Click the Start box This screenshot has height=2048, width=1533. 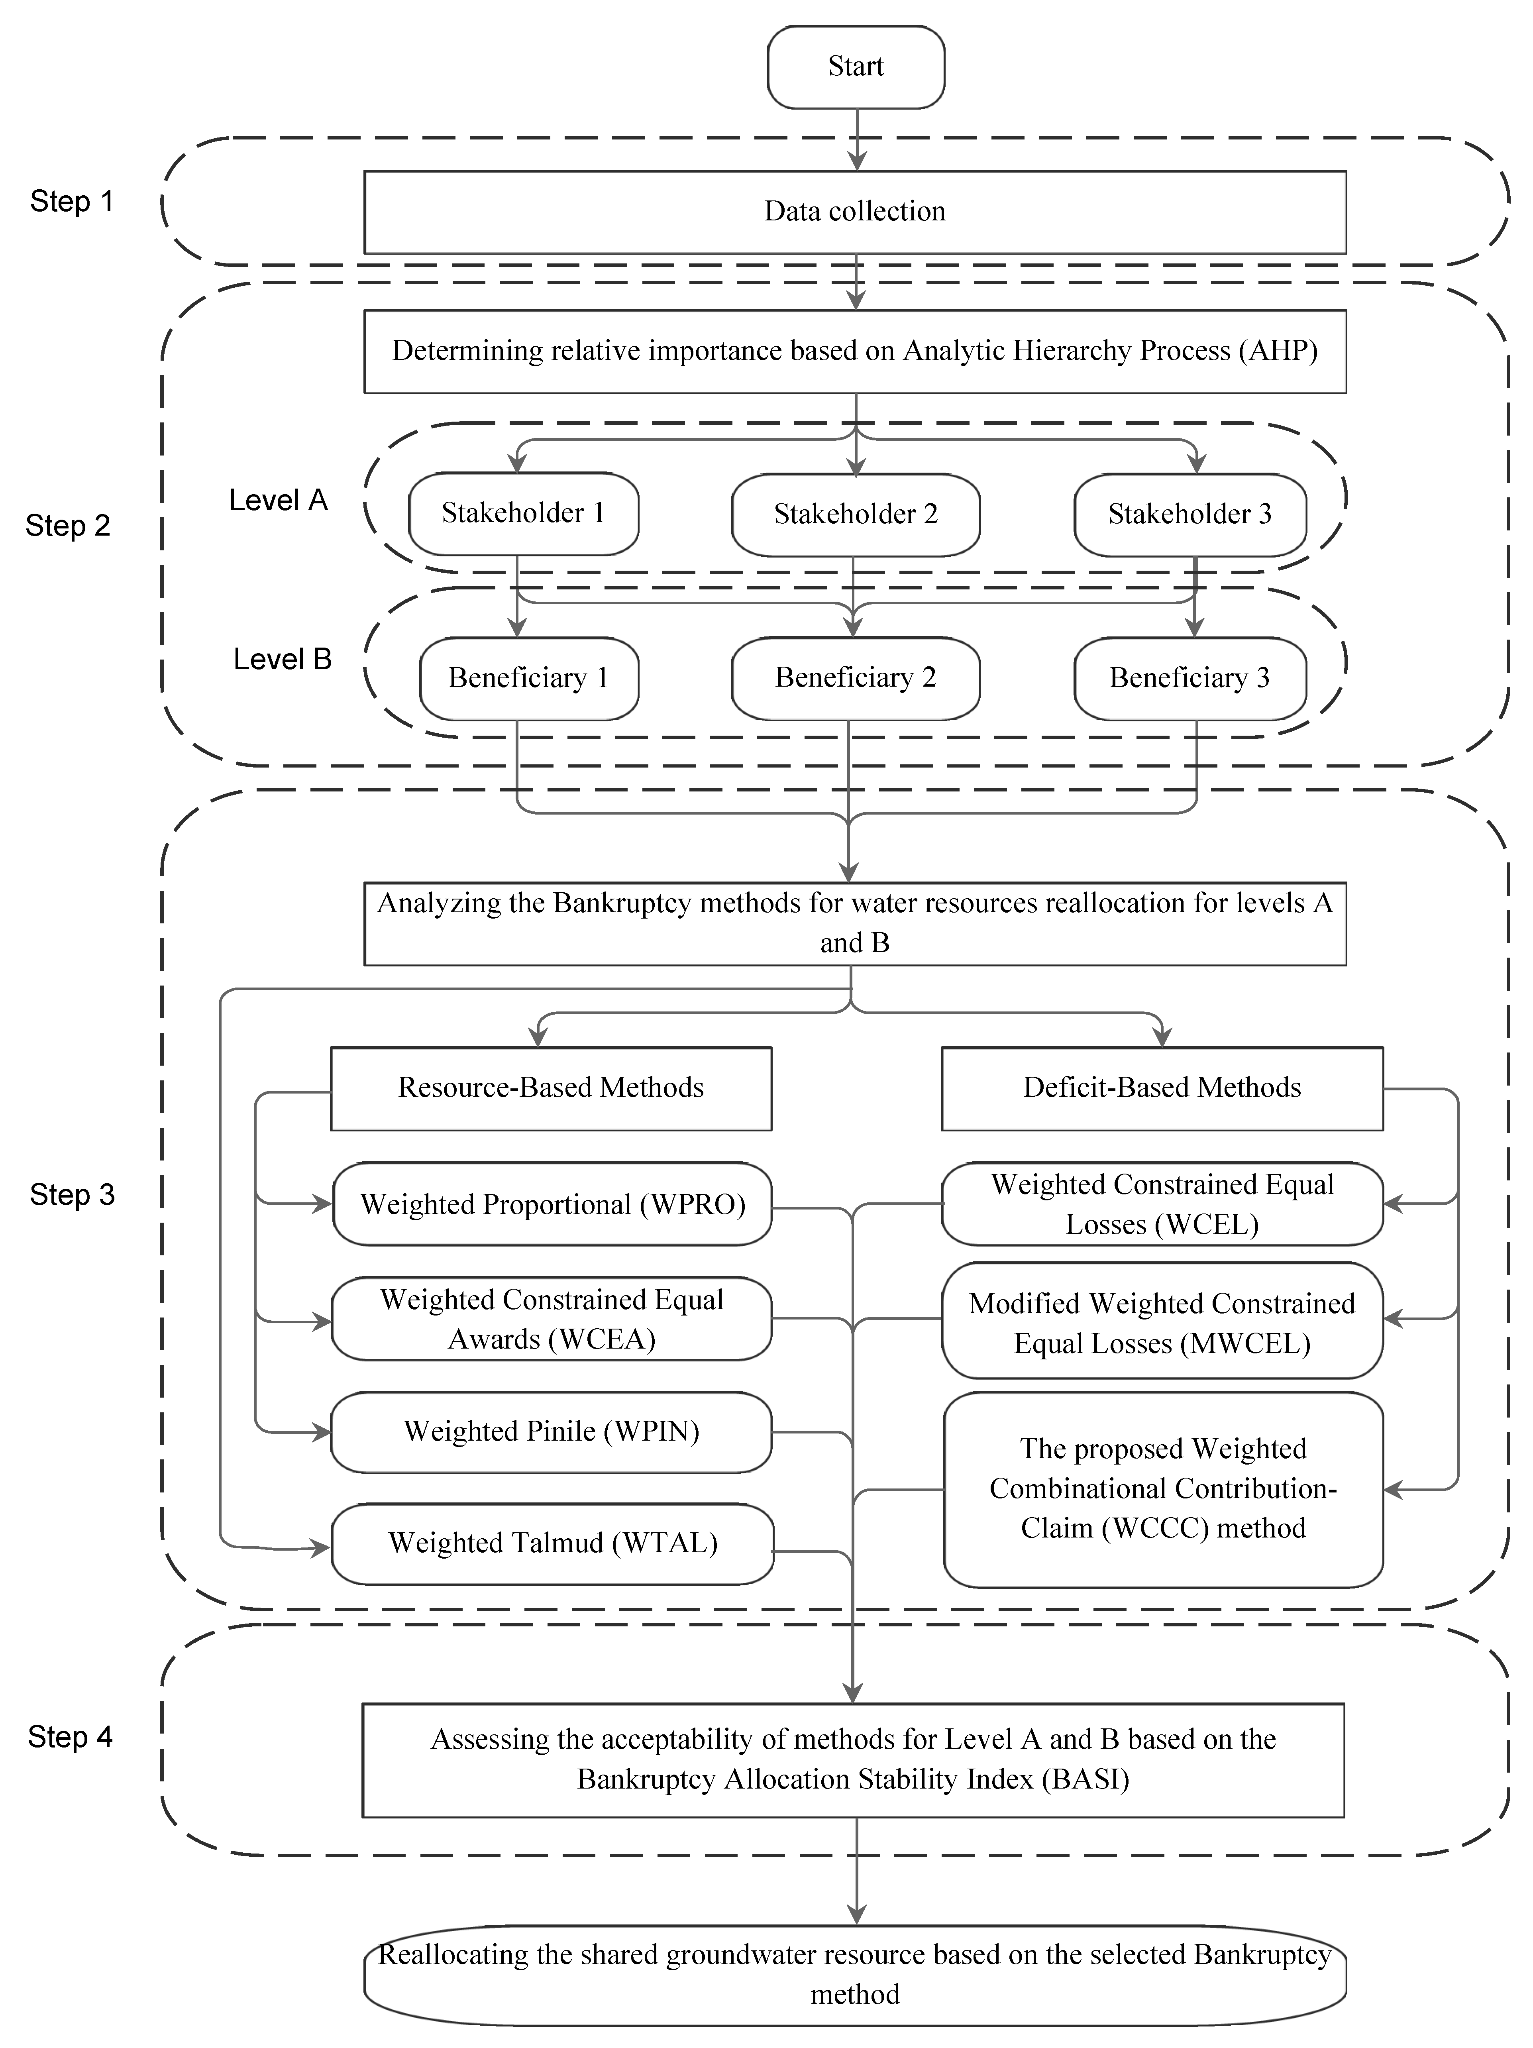click(x=856, y=67)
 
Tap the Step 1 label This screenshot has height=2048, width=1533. click(x=71, y=201)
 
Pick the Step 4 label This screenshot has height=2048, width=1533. click(x=69, y=1736)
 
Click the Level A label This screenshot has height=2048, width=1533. click(x=278, y=500)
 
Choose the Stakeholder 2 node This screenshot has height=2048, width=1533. click(x=856, y=514)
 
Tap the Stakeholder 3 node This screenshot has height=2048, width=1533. click(x=1189, y=514)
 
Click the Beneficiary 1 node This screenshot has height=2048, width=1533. click(x=528, y=678)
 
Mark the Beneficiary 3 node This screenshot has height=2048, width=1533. click(x=1189, y=678)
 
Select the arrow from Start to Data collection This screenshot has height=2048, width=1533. click(x=857, y=139)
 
